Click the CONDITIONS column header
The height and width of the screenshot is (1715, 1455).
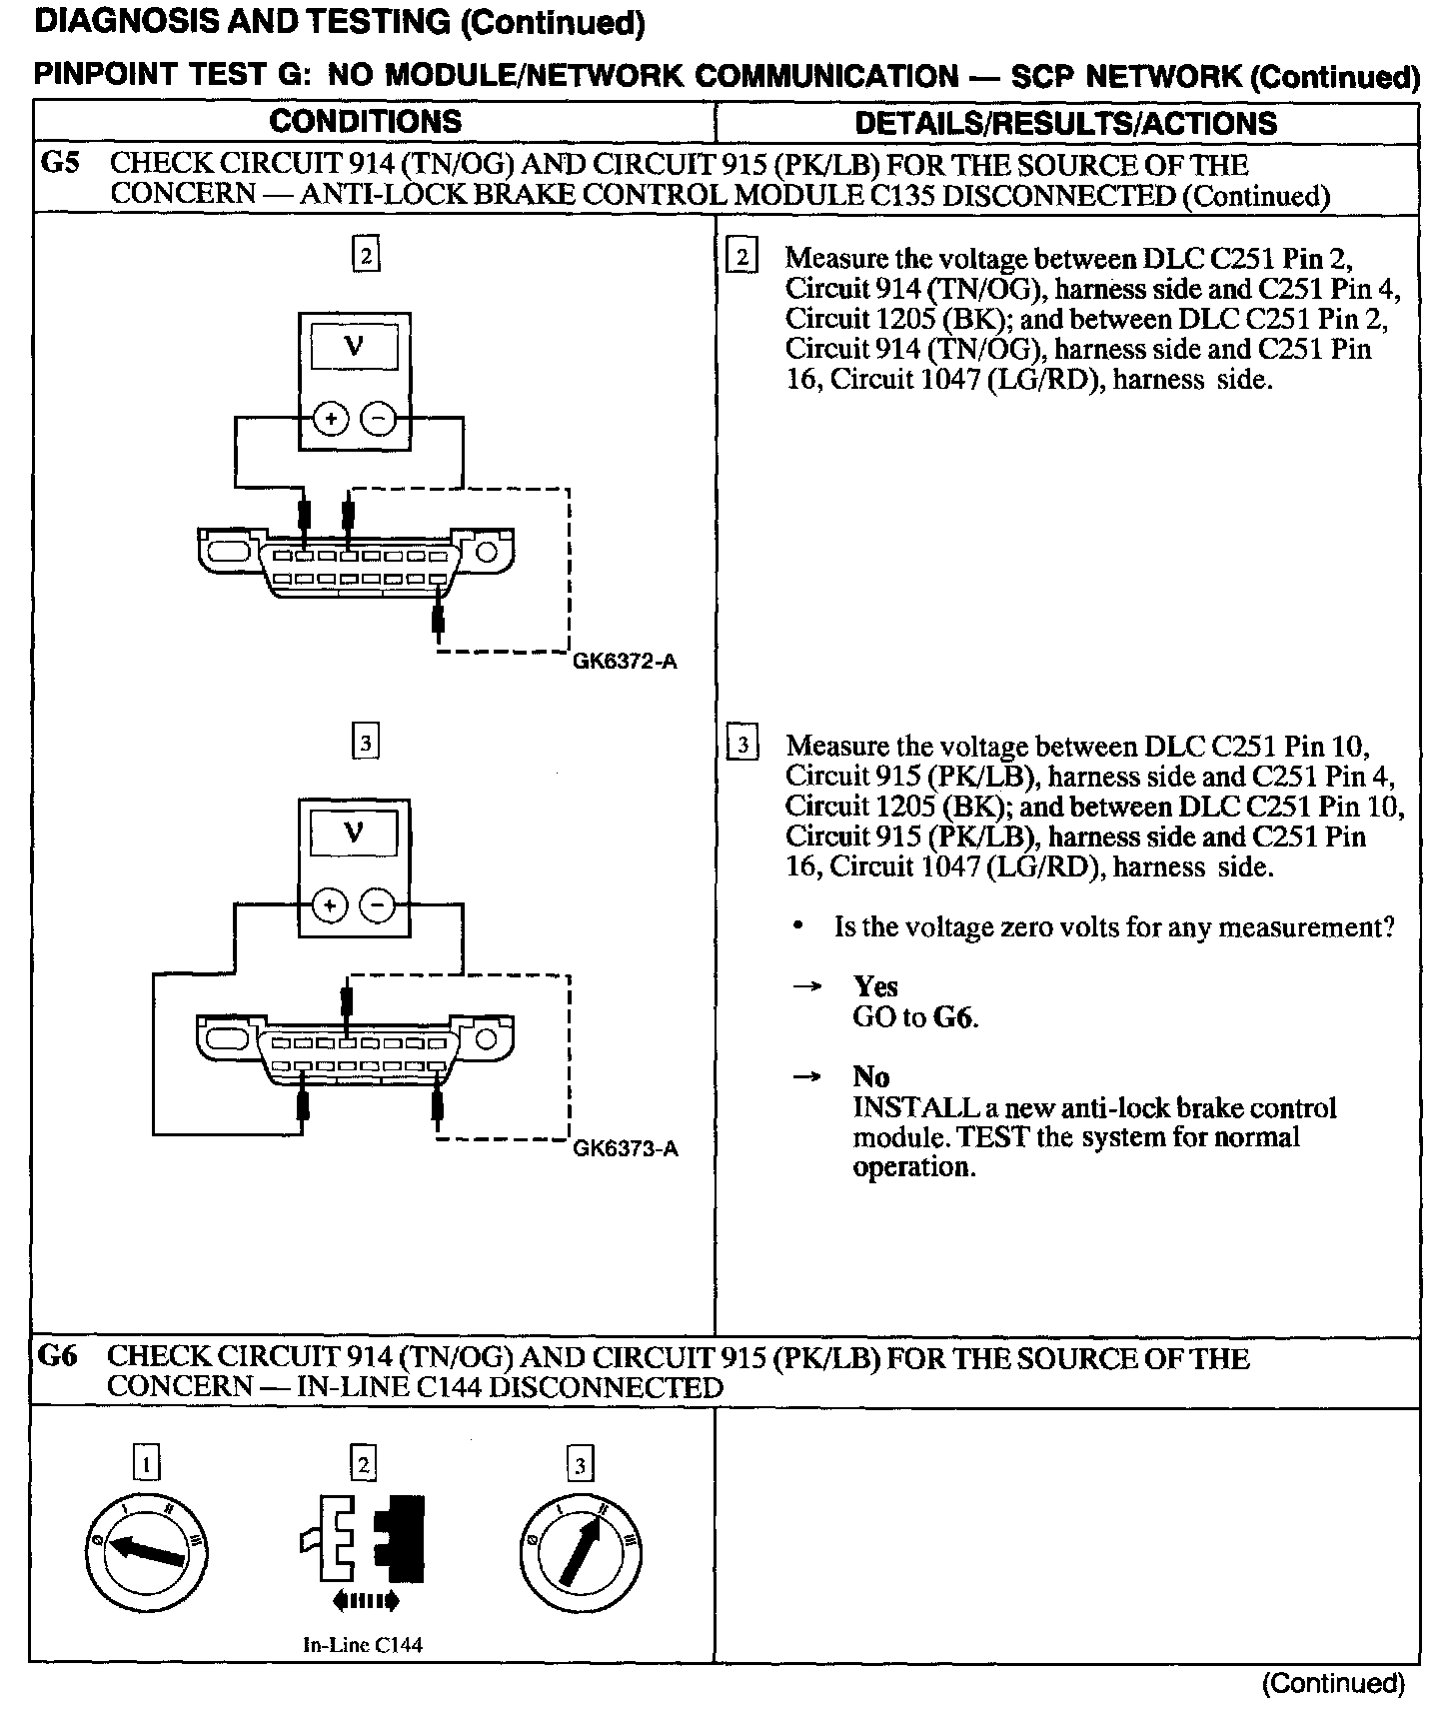(x=366, y=122)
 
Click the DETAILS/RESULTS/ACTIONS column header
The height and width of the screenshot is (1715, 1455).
(x=1066, y=123)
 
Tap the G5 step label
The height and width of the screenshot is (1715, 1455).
(x=59, y=163)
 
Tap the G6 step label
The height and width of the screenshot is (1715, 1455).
(x=58, y=1356)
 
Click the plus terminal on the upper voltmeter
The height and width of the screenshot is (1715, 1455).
(x=329, y=420)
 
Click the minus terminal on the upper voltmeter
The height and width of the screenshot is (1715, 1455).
(x=378, y=420)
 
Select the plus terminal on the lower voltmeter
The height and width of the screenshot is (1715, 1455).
(x=329, y=905)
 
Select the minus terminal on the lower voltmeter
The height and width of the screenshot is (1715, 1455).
(x=378, y=905)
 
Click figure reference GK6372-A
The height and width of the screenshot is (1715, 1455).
(x=625, y=662)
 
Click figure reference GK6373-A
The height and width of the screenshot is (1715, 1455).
(x=625, y=1148)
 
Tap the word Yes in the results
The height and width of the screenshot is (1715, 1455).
(x=875, y=987)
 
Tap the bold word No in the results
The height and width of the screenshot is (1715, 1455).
(x=870, y=1076)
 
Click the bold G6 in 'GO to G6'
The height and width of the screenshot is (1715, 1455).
(x=954, y=1018)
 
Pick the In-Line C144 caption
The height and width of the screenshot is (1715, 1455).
(x=363, y=1645)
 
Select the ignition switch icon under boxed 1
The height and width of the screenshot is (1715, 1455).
(x=147, y=1552)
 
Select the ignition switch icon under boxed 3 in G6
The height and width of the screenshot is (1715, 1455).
(x=581, y=1552)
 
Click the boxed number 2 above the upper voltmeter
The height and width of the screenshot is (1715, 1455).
(x=366, y=257)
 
